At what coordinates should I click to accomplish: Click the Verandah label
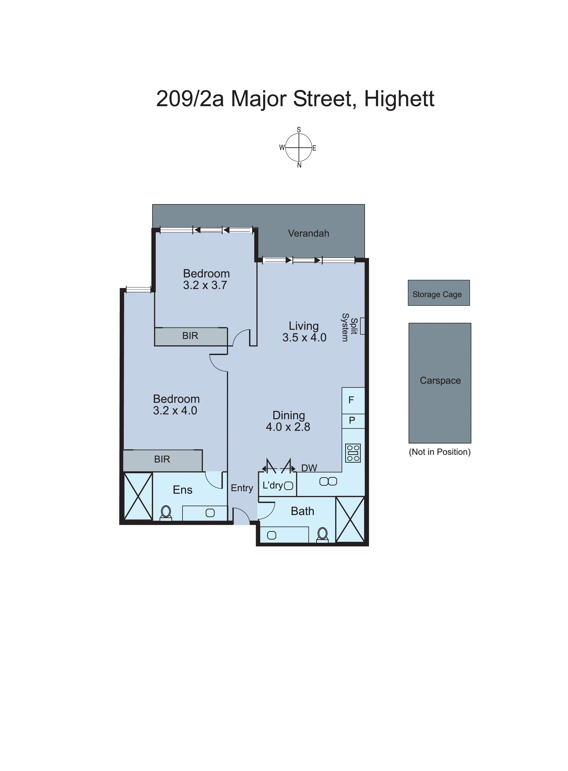coord(308,233)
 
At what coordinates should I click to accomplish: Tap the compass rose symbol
coord(299,148)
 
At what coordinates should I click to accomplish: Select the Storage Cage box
coord(438,293)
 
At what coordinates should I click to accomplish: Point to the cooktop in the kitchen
coord(353,453)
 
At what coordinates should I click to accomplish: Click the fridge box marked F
coord(353,400)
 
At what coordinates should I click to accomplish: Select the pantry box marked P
coord(353,421)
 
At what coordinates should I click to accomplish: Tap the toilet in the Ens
coord(166,513)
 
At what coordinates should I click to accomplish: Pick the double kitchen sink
coord(328,481)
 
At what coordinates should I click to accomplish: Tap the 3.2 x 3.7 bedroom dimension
coord(205,285)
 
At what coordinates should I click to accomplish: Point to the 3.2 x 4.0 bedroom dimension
coord(175,410)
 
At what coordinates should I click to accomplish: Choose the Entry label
coord(242,488)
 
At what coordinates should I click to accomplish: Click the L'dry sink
coord(289,486)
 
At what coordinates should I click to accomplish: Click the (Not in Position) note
coord(439,452)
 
